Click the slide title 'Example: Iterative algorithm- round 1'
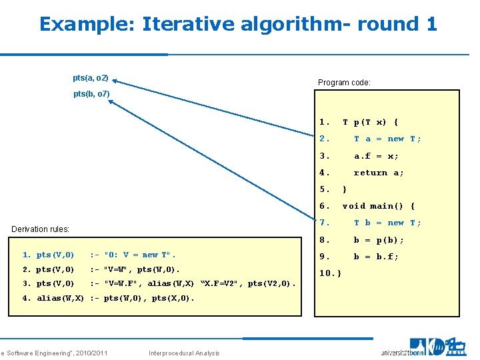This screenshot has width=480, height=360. (238, 24)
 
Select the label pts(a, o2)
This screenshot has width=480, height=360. (91, 78)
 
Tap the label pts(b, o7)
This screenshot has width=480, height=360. (91, 94)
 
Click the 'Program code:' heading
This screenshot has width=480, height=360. (344, 83)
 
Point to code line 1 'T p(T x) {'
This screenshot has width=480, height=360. (370, 122)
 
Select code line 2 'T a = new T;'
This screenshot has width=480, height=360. (387, 139)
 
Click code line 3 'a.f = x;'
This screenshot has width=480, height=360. (376, 156)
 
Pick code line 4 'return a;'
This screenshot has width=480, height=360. (378, 173)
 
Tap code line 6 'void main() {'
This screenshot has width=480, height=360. (378, 206)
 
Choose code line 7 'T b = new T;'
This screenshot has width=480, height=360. (387, 223)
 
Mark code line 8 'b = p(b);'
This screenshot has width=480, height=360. (378, 240)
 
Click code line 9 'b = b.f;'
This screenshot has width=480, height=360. (376, 257)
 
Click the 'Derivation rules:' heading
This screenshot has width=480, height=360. (41, 229)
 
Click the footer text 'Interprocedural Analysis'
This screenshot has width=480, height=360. (184, 353)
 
